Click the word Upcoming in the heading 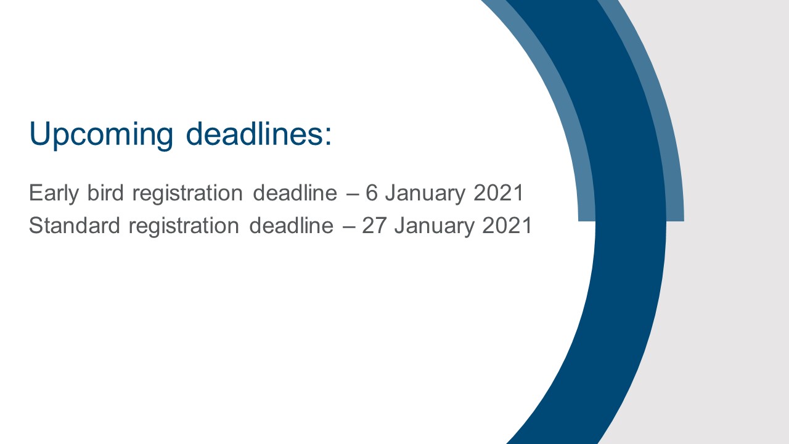[101, 135]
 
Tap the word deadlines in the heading [253, 134]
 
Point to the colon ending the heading [328, 136]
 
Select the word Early [54, 194]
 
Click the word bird [105, 192]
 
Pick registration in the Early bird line [187, 194]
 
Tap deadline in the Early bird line [295, 192]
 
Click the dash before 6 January [353, 194]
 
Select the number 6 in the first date [372, 193]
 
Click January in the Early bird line [425, 194]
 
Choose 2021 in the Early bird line [499, 193]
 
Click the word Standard [75, 225]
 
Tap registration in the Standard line [184, 226]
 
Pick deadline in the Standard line [291, 225]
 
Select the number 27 [374, 226]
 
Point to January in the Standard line [434, 226]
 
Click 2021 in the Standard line [507, 226]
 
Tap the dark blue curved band [631, 226]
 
